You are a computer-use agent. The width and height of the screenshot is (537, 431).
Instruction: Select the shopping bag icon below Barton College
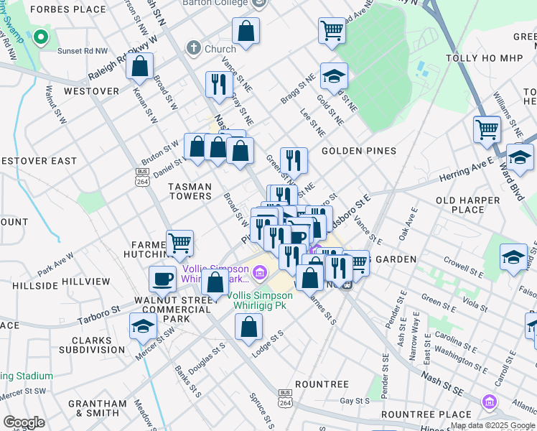pos(246,32)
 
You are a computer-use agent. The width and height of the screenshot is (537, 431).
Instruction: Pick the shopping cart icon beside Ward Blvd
pos(487,130)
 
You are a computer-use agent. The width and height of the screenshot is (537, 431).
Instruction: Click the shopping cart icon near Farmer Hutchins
pos(179,243)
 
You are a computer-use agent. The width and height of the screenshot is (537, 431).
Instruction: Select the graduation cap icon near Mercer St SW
pos(144,325)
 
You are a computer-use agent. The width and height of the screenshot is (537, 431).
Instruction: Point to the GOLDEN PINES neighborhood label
pos(358,151)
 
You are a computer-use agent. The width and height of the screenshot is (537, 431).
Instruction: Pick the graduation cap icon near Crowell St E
pos(514,257)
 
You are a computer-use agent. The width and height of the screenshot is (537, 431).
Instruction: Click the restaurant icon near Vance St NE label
pos(216,84)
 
